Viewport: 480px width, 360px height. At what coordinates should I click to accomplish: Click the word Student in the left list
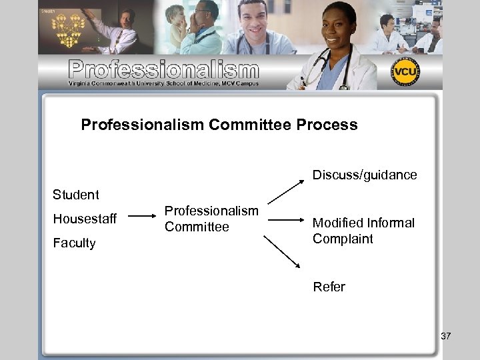75,195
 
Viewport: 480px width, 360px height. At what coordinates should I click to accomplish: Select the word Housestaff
85,219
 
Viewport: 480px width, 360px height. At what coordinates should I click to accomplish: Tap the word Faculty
74,243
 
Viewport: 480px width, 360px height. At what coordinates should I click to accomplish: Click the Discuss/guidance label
365,175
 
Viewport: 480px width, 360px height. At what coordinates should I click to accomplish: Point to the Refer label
329,287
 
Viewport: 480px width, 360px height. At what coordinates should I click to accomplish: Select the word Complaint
343,239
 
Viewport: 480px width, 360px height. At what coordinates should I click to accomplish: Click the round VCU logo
405,71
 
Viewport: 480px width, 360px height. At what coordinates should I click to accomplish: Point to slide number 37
445,336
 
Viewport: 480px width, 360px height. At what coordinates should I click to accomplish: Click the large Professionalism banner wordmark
163,69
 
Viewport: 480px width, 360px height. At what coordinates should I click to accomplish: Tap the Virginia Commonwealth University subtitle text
163,84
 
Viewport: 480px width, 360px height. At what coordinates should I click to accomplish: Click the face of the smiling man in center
251,23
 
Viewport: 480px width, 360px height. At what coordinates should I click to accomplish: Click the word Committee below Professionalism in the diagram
197,227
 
